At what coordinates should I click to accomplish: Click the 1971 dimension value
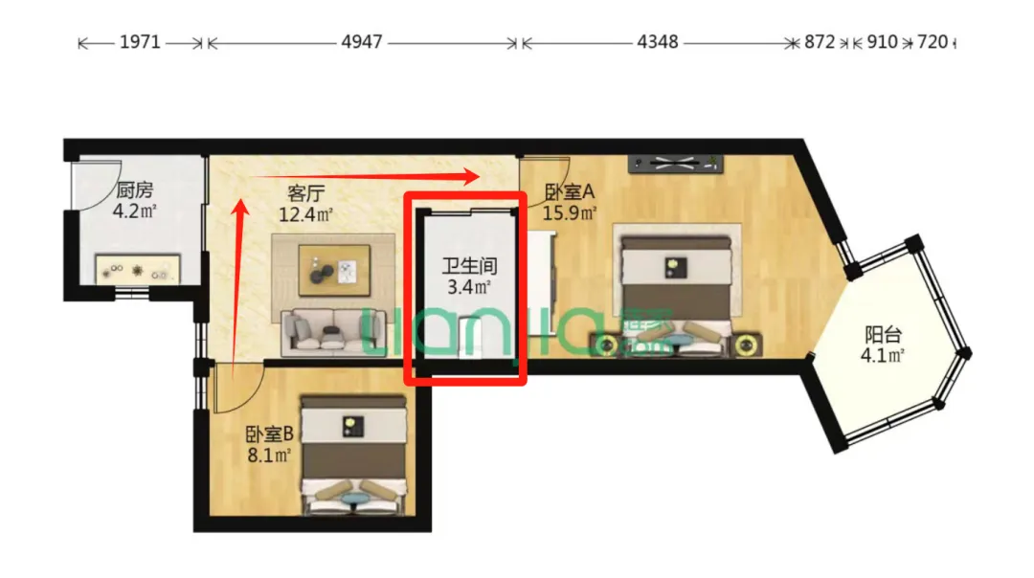(140, 42)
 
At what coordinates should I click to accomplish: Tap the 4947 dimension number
(362, 42)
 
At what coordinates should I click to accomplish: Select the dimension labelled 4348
(658, 42)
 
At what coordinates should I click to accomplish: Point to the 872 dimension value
(820, 42)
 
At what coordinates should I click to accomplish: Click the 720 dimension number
(933, 42)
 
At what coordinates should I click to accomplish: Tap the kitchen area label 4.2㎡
(135, 211)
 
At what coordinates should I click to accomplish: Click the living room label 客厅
(306, 193)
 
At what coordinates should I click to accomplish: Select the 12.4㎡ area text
(305, 214)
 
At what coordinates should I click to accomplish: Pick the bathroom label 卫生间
(469, 266)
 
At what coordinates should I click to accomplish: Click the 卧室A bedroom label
(569, 191)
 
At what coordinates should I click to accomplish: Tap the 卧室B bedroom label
(269, 434)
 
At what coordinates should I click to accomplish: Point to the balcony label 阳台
(883, 335)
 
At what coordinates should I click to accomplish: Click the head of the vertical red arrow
(240, 208)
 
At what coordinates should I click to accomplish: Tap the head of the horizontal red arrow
(471, 176)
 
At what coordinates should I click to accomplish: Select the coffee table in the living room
(334, 269)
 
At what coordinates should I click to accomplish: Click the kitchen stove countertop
(138, 270)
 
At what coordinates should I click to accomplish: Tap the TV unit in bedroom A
(675, 164)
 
